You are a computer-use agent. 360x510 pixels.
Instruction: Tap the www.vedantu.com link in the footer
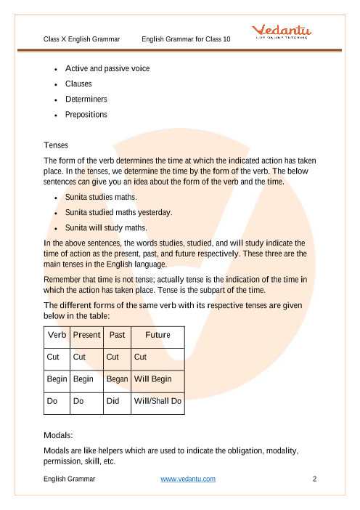tap(187, 479)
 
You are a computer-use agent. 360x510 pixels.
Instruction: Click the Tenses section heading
tap(56, 145)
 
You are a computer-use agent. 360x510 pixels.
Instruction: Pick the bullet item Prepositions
tap(86, 114)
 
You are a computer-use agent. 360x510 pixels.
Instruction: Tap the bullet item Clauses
tap(78, 84)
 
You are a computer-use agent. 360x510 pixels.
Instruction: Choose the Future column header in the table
tap(157, 335)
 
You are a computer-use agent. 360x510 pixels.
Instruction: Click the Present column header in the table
tap(87, 335)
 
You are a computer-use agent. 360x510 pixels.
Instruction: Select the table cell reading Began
tap(117, 379)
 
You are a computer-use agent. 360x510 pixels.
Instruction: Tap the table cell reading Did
tap(112, 400)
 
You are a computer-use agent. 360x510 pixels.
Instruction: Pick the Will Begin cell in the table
tap(153, 379)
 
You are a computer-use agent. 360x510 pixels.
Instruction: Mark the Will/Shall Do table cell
tap(157, 400)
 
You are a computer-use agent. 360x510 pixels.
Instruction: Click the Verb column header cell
tap(57, 335)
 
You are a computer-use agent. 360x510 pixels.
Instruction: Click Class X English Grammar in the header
tap(81, 38)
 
